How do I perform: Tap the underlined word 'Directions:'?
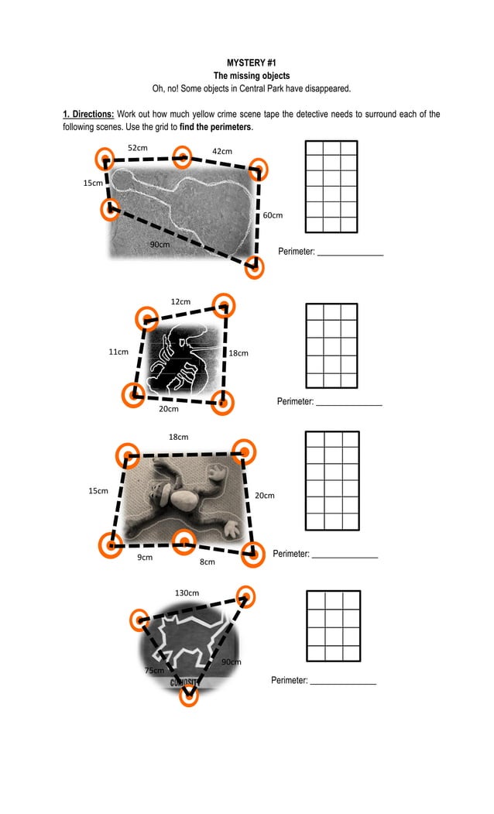[x=88, y=115]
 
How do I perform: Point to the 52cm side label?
[x=138, y=147]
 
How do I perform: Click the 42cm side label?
[x=222, y=151]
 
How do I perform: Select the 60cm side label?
[x=273, y=215]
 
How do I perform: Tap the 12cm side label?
[x=180, y=301]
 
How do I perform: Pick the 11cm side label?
[x=118, y=352]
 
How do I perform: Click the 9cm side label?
[x=145, y=557]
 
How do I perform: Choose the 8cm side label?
[x=207, y=562]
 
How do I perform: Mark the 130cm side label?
[x=187, y=592]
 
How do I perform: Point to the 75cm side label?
[x=154, y=670]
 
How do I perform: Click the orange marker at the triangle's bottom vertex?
[x=189, y=695]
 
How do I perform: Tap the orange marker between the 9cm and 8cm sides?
[x=183, y=542]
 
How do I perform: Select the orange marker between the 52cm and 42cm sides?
[x=181, y=157]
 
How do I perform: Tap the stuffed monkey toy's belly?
[x=185, y=500]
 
